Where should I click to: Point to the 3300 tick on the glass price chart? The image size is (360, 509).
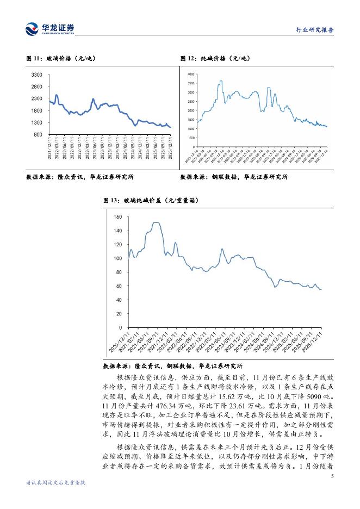click(x=37, y=75)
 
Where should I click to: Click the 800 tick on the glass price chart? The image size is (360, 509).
click(x=39, y=134)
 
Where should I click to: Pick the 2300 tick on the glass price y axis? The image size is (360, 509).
click(x=37, y=98)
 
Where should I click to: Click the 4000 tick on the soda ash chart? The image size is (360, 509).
click(x=191, y=73)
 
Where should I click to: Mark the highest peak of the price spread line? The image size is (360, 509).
click(x=156, y=222)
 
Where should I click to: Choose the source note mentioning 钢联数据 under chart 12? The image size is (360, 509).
click(x=234, y=177)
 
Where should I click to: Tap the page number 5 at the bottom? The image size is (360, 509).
click(x=332, y=476)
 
